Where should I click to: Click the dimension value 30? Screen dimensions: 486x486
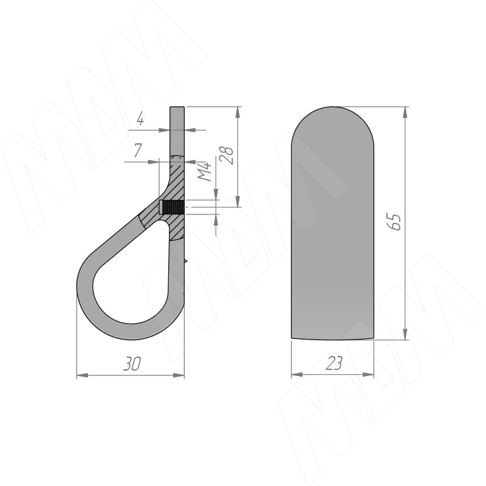pos(132,363)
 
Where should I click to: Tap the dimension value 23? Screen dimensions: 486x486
pos(334,363)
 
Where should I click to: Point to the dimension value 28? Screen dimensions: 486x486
pos(227,154)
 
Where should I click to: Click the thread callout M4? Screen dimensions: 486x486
pos(205,171)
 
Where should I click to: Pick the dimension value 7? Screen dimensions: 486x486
pos(138,151)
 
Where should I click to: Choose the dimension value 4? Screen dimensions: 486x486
pos(140,119)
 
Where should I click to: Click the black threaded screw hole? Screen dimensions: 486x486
pos(172,207)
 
